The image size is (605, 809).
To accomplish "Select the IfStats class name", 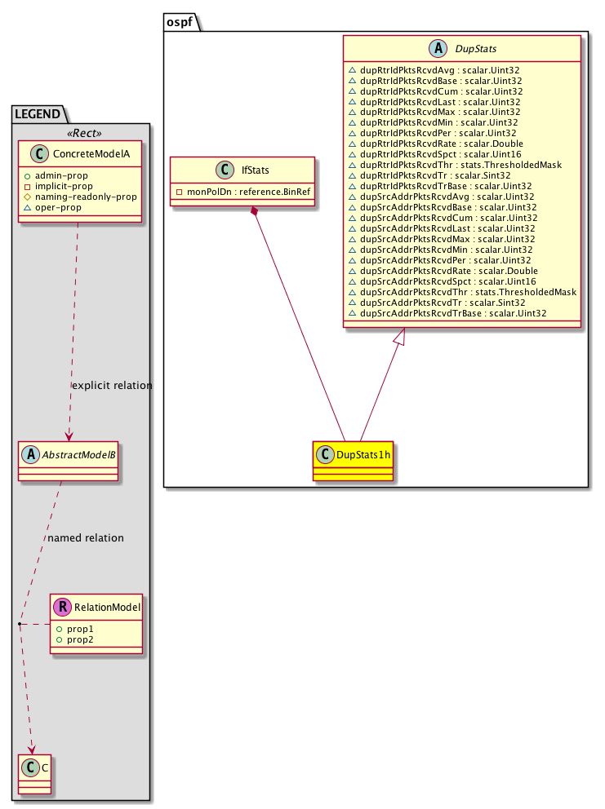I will pos(251,170).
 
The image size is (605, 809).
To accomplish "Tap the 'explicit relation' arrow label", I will pos(112,385).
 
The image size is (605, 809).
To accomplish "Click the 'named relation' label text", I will pos(86,537).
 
